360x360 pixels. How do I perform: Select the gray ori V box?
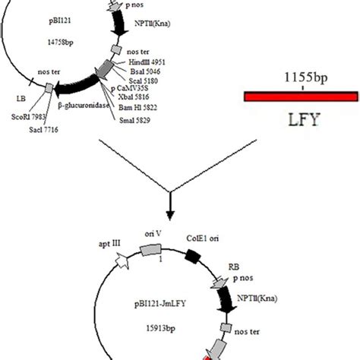pyautogui.click(x=143, y=250)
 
